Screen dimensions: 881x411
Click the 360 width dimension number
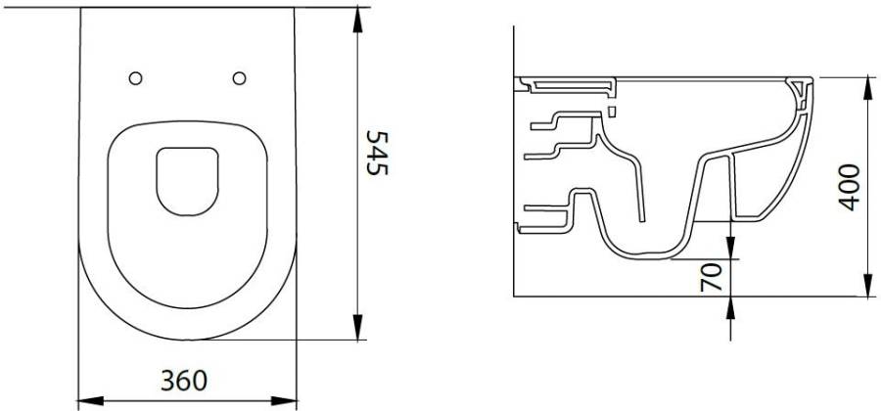tap(184, 382)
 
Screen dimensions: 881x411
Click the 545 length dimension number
tap(377, 153)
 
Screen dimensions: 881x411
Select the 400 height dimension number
tap(850, 188)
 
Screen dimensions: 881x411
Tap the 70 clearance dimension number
tap(711, 277)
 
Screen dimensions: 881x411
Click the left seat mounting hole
tap(135, 78)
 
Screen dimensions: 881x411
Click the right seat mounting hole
tap(240, 78)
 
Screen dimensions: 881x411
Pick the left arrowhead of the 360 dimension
tap(90, 401)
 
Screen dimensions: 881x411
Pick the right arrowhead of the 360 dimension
tap(284, 401)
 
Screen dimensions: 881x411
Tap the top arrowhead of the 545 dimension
tap(357, 21)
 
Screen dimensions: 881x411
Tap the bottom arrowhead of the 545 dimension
tap(357, 327)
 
